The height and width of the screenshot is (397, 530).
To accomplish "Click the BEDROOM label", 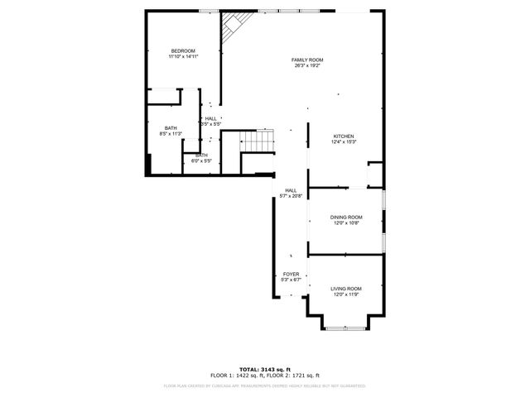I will [183, 51].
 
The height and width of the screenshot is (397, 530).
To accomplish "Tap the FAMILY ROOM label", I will [306, 60].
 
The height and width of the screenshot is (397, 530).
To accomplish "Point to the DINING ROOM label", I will [346, 217].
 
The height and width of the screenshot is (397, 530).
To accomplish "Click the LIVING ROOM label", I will [346, 289].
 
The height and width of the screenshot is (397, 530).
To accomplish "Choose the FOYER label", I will [291, 274].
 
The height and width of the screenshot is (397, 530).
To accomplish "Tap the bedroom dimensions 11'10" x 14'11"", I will [183, 57].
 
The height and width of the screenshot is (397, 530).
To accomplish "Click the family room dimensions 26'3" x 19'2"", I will [306, 66].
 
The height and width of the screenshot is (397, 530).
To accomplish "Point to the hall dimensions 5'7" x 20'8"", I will [291, 196].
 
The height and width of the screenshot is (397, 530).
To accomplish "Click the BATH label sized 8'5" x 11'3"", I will [171, 127].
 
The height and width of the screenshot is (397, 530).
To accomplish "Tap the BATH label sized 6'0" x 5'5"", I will [202, 155].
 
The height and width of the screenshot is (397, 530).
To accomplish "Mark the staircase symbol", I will [256, 142].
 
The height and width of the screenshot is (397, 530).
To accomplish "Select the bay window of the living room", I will [346, 327].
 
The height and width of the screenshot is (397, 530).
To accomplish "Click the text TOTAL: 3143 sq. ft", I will [264, 369].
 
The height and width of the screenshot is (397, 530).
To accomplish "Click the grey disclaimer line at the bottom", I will [264, 385].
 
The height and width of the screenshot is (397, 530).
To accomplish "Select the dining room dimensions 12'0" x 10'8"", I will [346, 222].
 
